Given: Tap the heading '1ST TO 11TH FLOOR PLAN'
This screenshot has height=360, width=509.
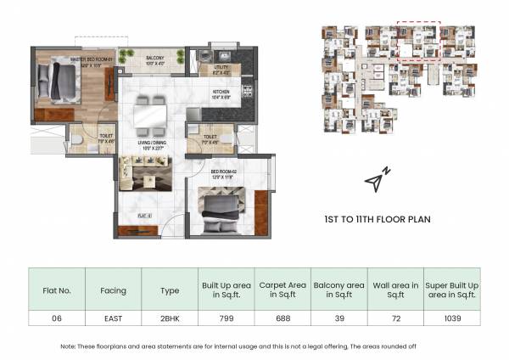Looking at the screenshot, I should tap(379, 219).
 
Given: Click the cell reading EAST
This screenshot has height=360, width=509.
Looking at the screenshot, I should tap(113, 319).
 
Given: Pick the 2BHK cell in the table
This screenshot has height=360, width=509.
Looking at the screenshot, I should tap(170, 319).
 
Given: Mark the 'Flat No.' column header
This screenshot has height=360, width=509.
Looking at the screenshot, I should tap(57, 290).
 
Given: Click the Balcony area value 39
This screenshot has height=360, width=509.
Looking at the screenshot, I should tap(338, 319).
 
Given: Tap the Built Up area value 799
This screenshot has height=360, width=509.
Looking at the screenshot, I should tap(225, 319).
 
